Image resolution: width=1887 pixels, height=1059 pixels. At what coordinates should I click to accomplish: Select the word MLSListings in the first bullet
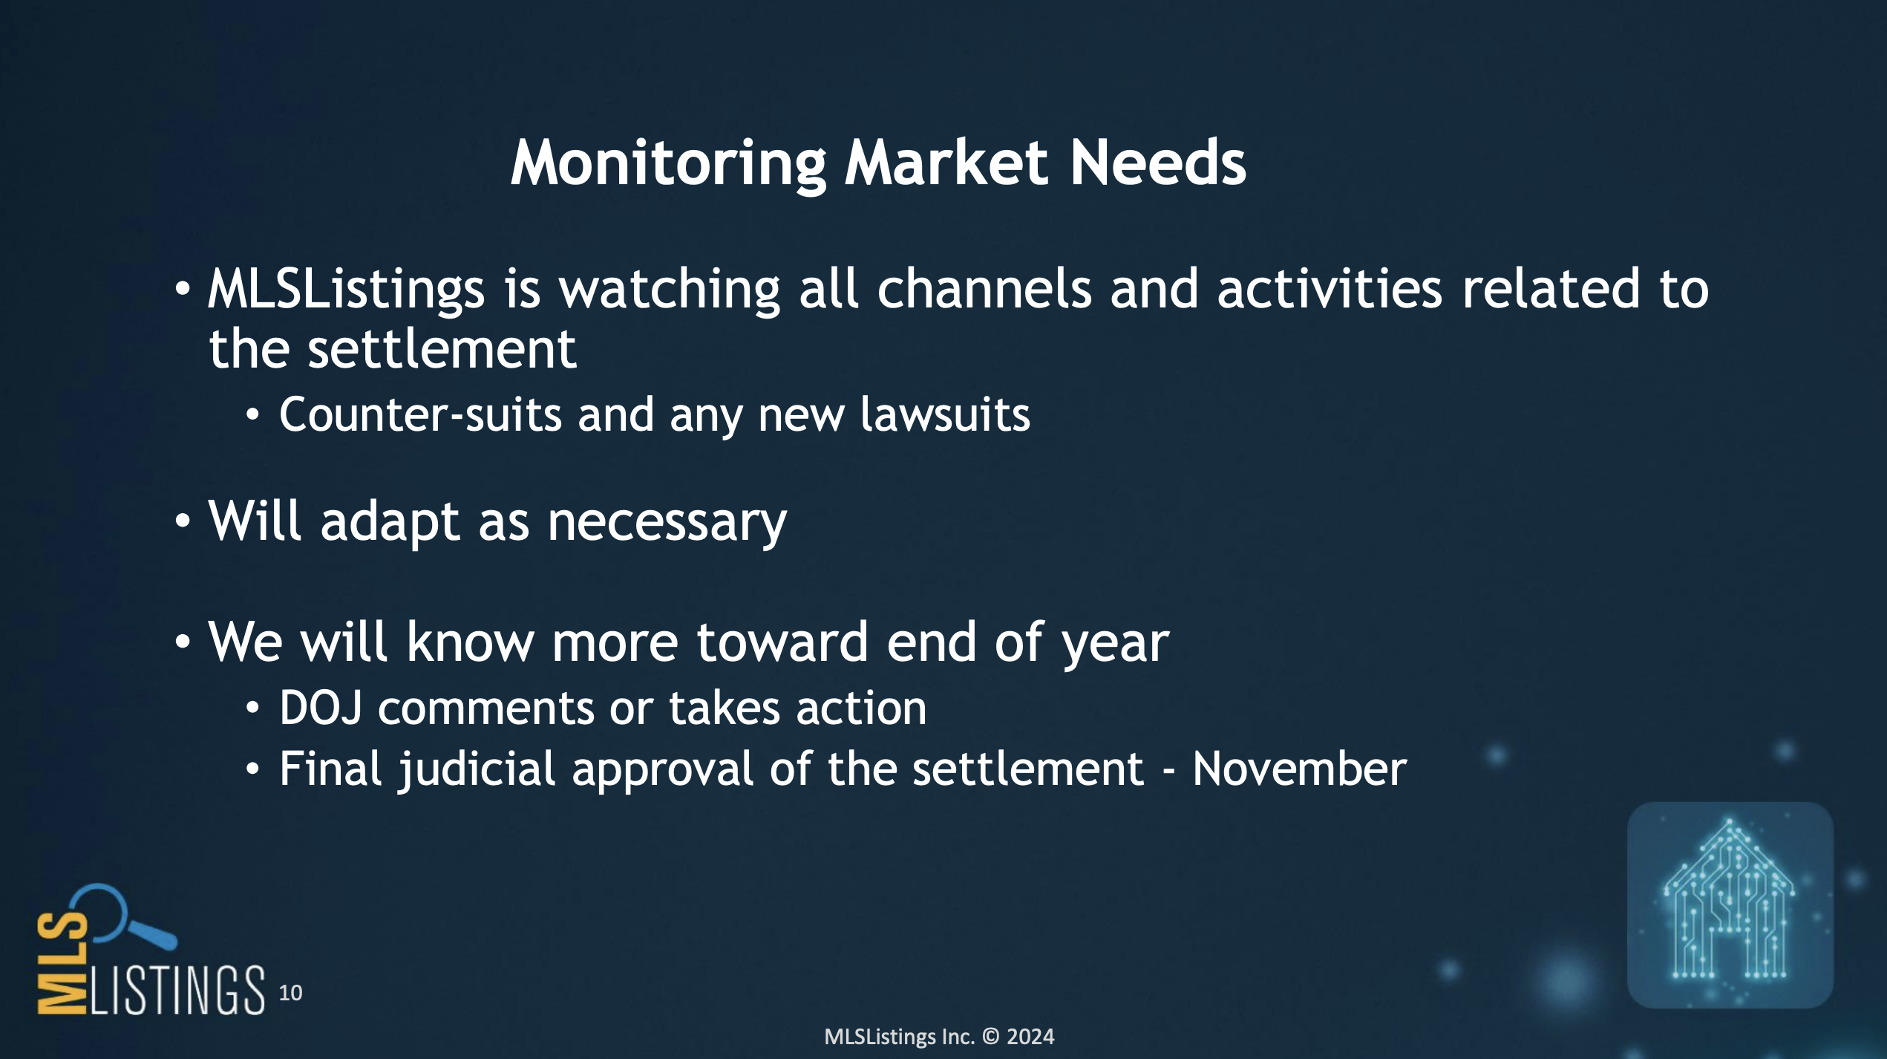[346, 290]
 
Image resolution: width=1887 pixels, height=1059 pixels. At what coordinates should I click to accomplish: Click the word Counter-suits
[420, 414]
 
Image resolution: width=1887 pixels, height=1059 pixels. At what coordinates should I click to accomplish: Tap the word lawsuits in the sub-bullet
[945, 414]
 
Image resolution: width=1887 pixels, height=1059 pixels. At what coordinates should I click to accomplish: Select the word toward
[782, 642]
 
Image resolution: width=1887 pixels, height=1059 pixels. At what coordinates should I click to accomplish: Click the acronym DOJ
[321, 708]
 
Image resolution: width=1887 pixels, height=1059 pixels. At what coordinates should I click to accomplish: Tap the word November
[1299, 769]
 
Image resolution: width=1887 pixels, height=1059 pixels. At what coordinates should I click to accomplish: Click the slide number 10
[290, 993]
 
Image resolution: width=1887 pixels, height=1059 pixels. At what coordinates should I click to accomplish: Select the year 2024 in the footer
[1030, 1037]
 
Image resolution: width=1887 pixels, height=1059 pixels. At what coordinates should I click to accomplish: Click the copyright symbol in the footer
[991, 1037]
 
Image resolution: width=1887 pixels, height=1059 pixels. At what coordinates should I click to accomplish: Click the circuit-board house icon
[1730, 905]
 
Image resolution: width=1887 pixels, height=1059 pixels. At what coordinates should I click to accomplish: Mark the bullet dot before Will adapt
[183, 521]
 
